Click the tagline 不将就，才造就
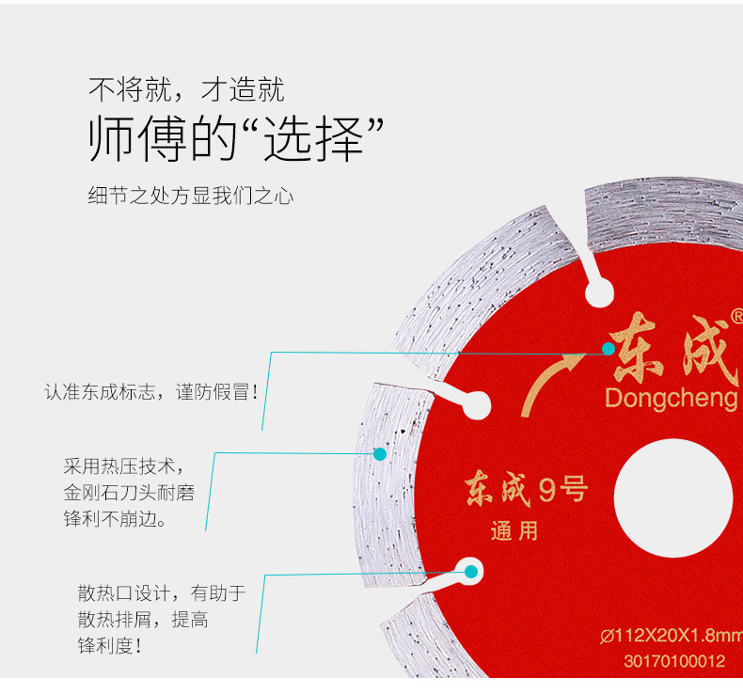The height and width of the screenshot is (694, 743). click(186, 90)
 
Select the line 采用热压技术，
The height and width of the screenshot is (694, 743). click(123, 465)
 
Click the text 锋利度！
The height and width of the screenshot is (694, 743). click(110, 646)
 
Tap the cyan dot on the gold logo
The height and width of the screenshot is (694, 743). click(609, 349)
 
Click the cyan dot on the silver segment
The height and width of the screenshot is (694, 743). click(380, 453)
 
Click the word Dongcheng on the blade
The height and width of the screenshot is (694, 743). click(671, 399)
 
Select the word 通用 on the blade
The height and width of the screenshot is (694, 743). click(514, 530)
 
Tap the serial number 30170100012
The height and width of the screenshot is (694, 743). click(673, 661)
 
